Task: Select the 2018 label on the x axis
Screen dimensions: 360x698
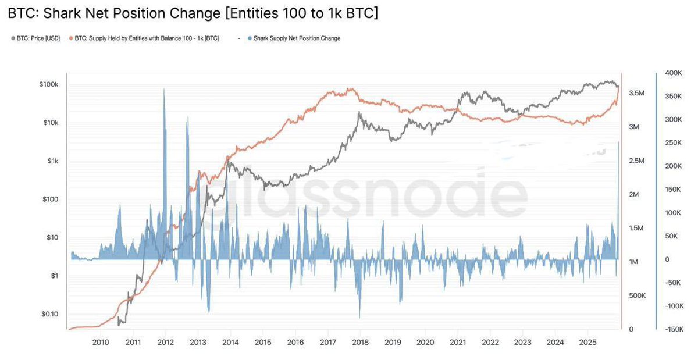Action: point(359,342)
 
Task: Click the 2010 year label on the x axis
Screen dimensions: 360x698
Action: point(101,342)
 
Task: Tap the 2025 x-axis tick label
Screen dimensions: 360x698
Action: point(587,342)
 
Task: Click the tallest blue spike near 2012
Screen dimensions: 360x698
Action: point(164,90)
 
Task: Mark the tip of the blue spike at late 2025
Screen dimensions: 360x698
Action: point(618,142)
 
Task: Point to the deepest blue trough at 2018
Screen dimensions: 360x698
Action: point(359,317)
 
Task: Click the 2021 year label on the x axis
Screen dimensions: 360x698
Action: point(457,342)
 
